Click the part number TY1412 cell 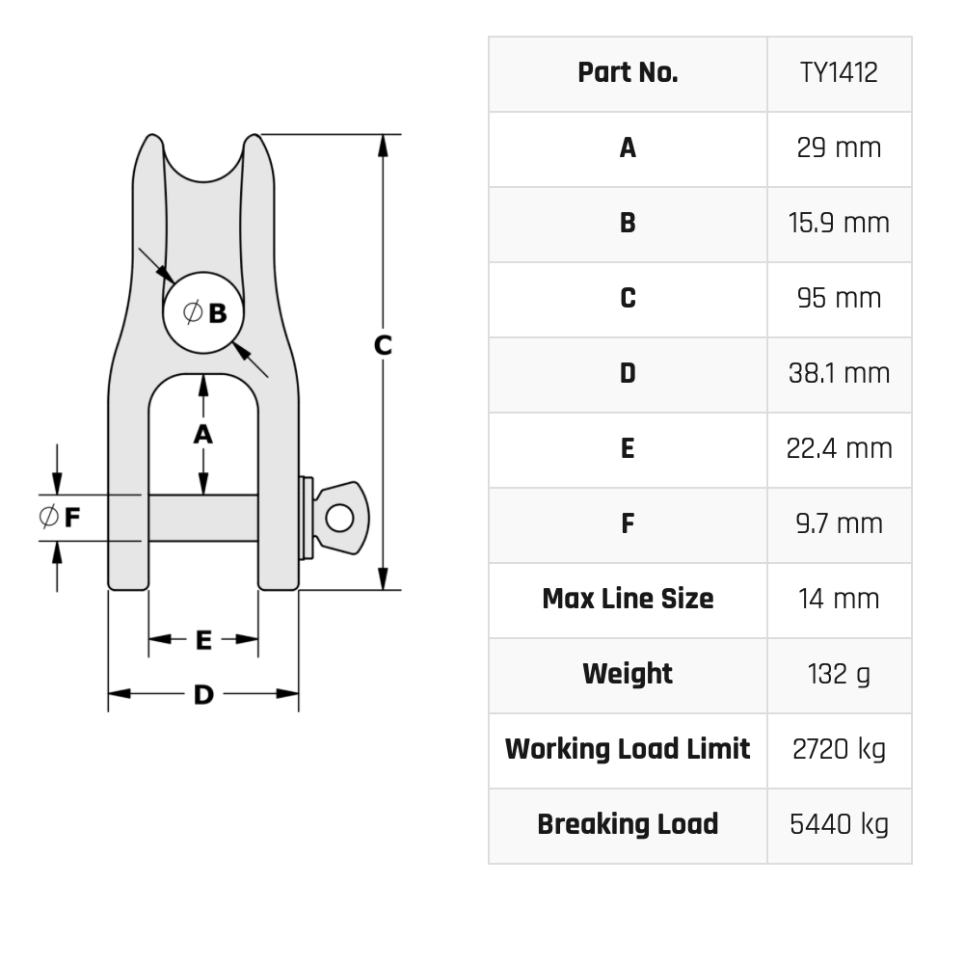(839, 73)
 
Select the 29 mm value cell (839, 148)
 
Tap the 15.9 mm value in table (839, 223)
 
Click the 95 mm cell (839, 298)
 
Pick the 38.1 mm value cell (839, 373)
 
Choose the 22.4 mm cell (839, 448)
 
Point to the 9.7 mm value (839, 523)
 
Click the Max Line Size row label (628, 599)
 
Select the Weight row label (628, 674)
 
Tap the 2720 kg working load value (839, 749)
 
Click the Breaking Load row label (628, 824)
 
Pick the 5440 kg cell (839, 824)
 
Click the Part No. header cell (628, 73)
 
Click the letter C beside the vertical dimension (383, 345)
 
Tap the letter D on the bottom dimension (203, 694)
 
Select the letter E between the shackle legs (203, 640)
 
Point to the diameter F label (61, 517)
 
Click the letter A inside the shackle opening (202, 435)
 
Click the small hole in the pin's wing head (338, 518)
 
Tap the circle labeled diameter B (203, 312)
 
